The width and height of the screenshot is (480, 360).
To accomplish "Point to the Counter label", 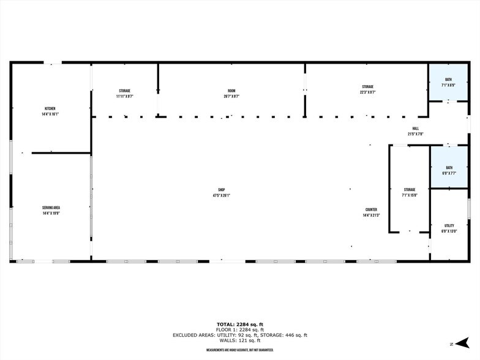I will tap(371, 209).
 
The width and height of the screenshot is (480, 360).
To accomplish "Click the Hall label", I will tap(415, 128).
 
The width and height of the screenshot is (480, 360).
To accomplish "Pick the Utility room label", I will tap(449, 226).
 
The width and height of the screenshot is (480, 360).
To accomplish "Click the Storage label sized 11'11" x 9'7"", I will tap(124, 91).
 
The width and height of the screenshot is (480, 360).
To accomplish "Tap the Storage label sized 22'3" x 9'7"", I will tap(367, 87).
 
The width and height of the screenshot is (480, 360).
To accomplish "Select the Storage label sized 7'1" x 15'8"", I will tap(409, 190).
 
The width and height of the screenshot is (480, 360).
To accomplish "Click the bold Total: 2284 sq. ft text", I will tap(240, 324).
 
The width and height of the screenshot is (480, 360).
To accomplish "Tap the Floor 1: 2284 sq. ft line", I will tap(240, 329).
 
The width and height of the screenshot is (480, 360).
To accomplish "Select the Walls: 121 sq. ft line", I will tap(240, 340).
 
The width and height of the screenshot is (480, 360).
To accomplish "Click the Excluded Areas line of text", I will tap(240, 335).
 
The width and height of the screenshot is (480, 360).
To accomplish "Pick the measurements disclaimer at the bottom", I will tap(240, 350).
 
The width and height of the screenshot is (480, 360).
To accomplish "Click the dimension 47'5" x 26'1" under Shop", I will tap(221, 195).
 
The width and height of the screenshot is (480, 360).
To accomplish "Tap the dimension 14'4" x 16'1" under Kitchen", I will tap(50, 114).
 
